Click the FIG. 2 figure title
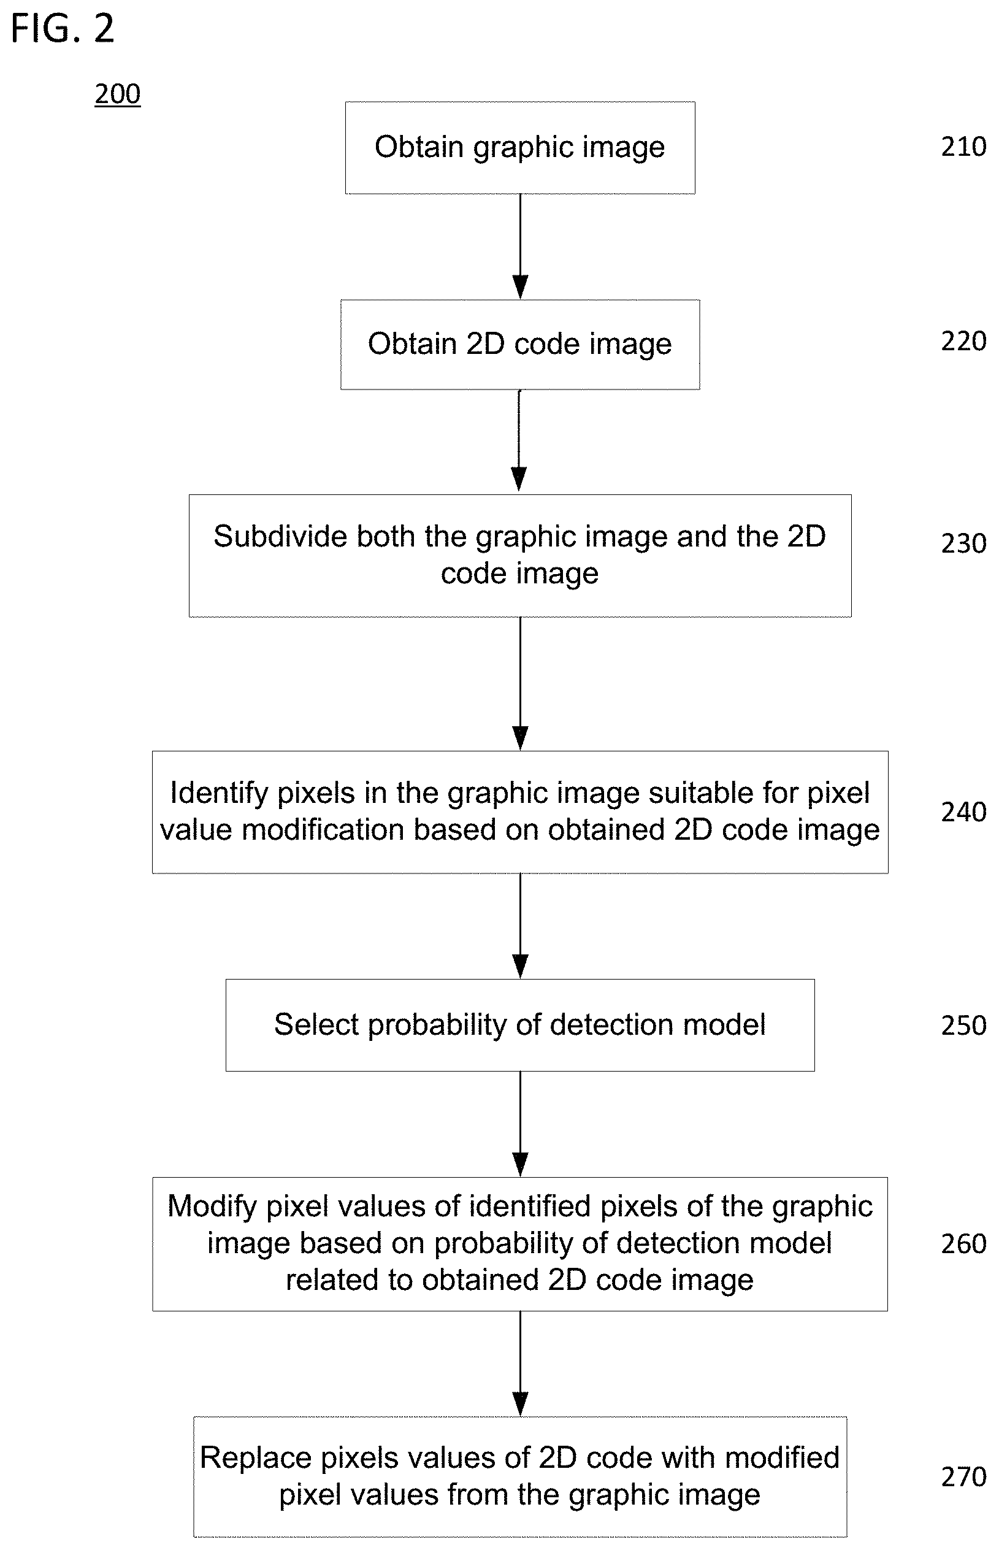point(63,29)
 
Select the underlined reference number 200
point(117,94)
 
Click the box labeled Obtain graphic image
point(520,147)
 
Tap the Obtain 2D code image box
point(520,345)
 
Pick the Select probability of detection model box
point(520,1025)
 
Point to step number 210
point(963,147)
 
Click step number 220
point(963,341)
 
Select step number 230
point(963,543)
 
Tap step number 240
point(963,812)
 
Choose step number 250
point(963,1026)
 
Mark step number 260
point(963,1244)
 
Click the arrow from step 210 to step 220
point(520,247)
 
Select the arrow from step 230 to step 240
point(520,684)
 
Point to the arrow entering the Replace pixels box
point(520,1364)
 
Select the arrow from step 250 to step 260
point(520,1124)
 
